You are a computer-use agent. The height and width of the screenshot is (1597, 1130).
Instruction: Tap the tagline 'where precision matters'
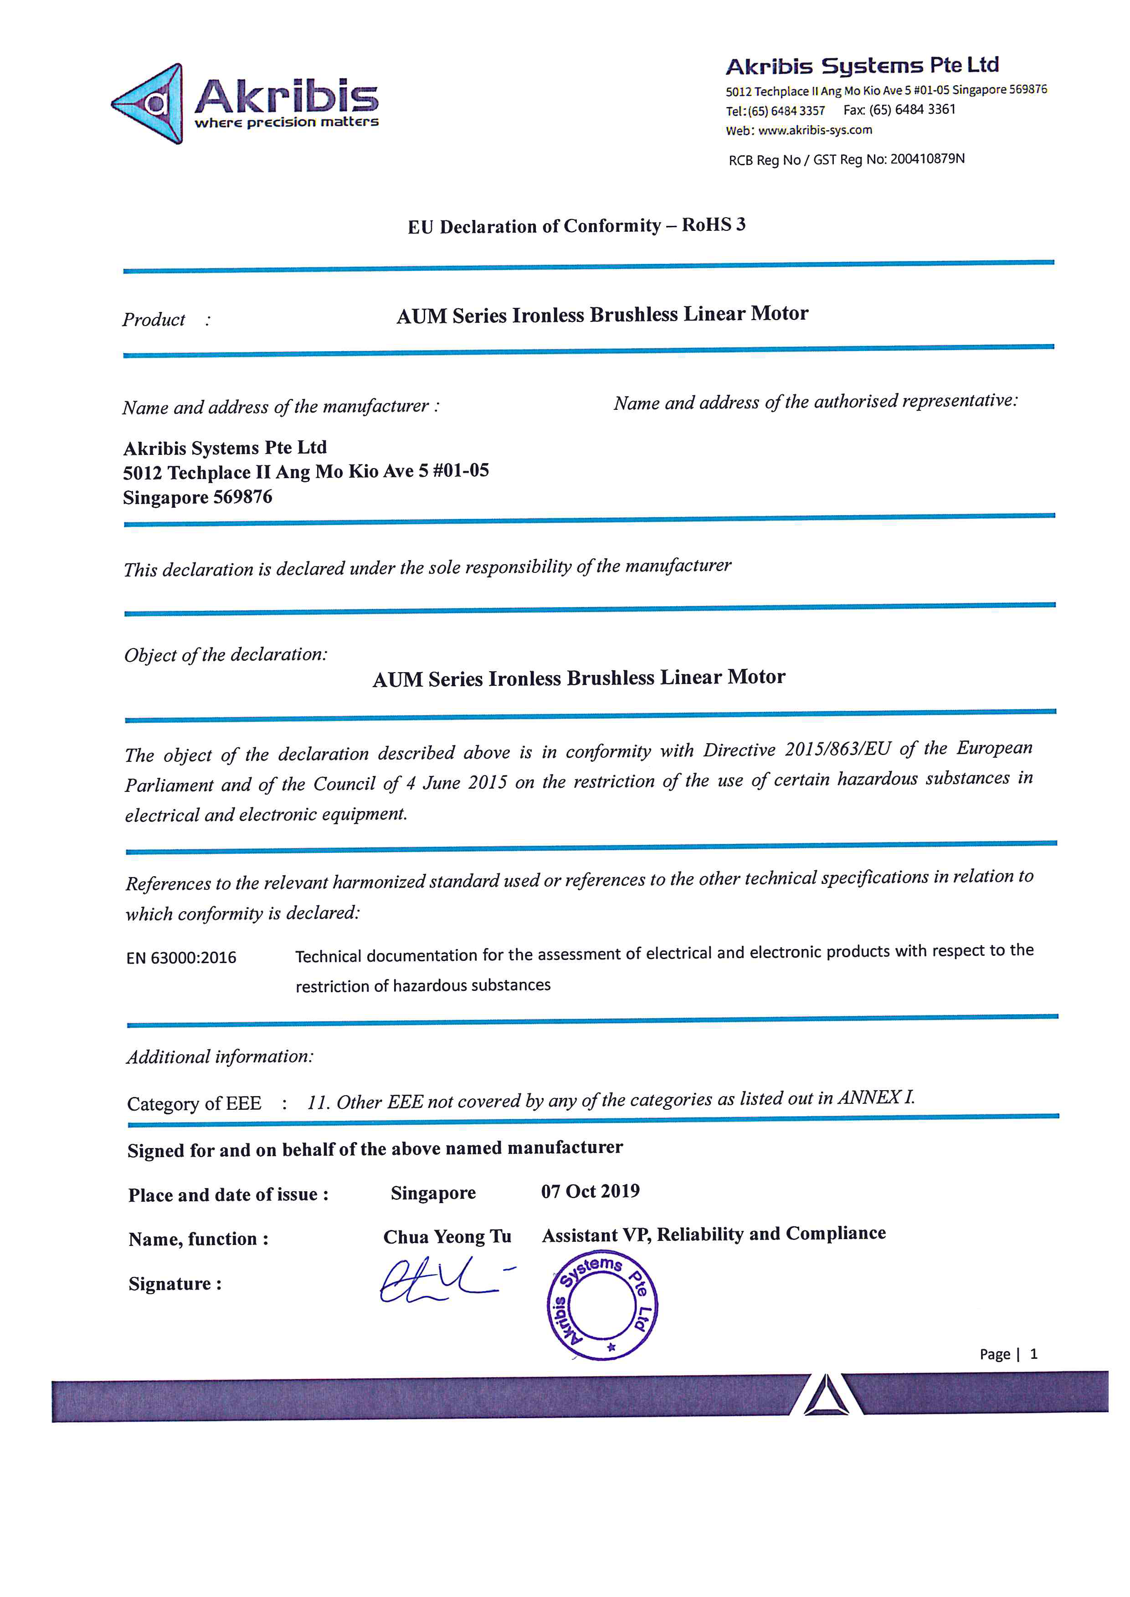[286, 122]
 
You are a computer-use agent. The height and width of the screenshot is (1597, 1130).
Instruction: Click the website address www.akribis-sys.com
[814, 130]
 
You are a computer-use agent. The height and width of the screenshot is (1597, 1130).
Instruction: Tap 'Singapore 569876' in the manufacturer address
[198, 497]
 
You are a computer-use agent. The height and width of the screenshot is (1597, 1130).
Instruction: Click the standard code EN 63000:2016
[181, 958]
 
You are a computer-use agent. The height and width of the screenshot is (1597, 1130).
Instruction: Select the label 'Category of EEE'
[194, 1103]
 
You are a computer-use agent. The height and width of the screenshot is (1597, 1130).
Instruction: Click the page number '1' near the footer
[1034, 1353]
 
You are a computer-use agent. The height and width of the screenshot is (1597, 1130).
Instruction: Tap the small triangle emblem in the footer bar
[825, 1397]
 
